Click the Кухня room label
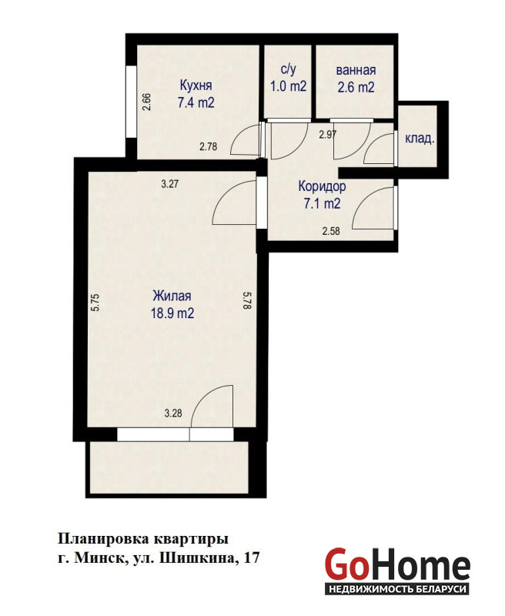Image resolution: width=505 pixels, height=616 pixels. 196,85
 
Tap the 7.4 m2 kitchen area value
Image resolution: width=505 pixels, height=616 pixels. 196,102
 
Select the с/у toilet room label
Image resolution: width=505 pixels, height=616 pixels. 288,69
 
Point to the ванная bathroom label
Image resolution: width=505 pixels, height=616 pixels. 356,70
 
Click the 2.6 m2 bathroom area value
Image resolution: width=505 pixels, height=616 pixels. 356,87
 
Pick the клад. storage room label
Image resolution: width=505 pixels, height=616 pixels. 420,139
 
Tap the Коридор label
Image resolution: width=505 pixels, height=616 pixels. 322,186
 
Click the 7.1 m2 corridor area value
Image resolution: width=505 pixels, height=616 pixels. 322,203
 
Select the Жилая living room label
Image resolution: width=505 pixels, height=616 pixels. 172,296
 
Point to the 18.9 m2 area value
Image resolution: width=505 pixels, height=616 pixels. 172,313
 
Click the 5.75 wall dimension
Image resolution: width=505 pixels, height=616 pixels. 96,303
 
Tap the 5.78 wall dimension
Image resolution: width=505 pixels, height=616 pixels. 247,300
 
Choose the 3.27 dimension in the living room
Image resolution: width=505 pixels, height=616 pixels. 170,183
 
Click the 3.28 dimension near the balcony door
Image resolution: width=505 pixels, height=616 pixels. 172,413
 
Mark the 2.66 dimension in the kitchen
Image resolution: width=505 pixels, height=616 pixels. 147,102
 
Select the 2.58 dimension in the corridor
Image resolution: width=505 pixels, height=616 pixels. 331,231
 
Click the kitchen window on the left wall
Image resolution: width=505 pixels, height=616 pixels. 131,102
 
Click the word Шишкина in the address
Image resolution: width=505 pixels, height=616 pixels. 197,557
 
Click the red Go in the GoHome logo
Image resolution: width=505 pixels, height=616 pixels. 347,564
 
